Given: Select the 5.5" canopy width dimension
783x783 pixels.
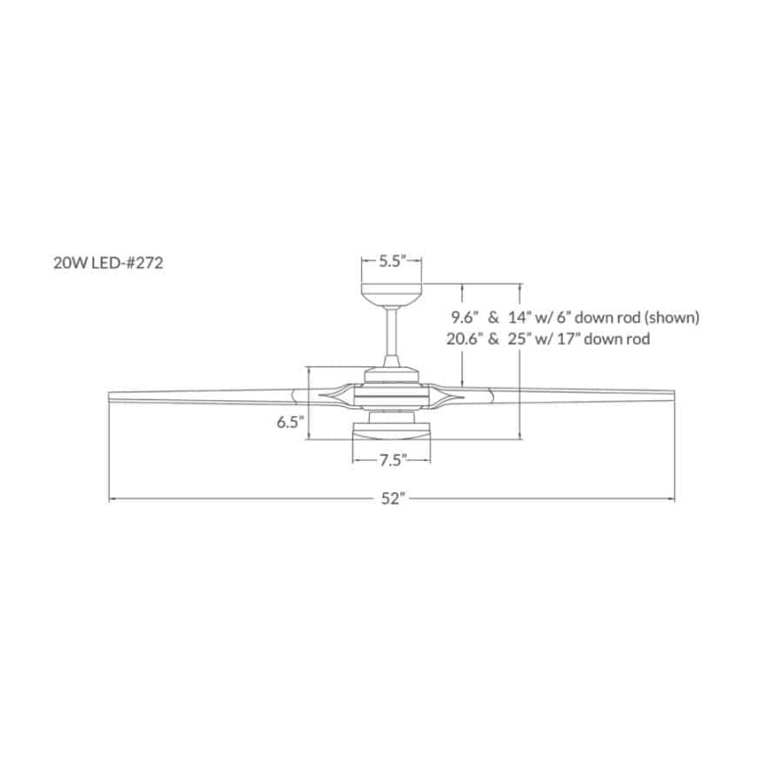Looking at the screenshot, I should point(391,261).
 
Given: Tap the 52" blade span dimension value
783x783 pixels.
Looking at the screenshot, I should point(391,498).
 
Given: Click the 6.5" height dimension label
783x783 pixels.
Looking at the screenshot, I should point(287,423).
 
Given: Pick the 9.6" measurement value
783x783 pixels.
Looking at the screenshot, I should point(464,317).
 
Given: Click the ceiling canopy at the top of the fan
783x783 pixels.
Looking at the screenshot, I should point(391,292).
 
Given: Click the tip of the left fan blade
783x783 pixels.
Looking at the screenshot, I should point(112,395).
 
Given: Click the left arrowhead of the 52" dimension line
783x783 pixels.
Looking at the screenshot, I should point(111,499).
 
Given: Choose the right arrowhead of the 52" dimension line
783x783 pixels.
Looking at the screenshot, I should point(672,499).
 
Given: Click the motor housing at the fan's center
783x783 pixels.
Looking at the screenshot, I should point(391,391).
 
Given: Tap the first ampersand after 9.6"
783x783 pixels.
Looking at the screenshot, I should point(493,317).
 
